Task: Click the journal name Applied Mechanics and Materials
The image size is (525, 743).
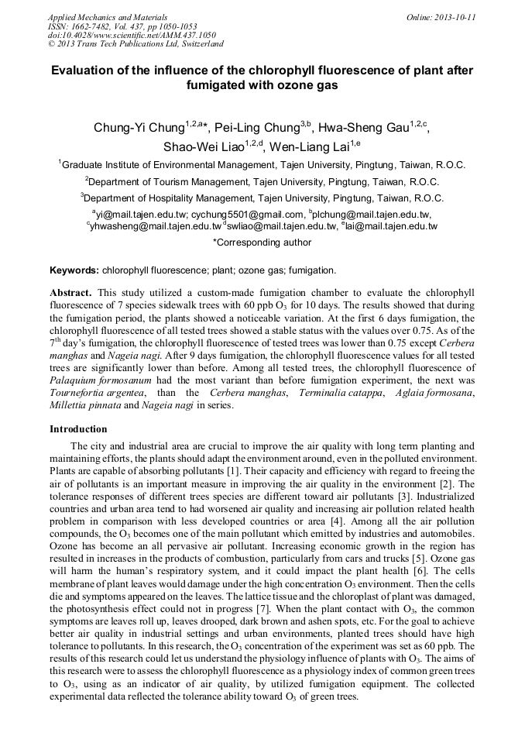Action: tap(108, 17)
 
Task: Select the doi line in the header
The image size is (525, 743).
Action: tap(132, 36)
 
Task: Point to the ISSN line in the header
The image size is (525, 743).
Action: tap(122, 26)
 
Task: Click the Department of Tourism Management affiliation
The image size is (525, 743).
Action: tap(262, 181)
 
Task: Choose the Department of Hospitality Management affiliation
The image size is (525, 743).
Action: tap(262, 198)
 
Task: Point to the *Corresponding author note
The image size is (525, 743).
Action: tap(262, 243)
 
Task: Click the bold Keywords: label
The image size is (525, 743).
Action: tap(74, 270)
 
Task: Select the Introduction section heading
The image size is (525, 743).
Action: tap(78, 428)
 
